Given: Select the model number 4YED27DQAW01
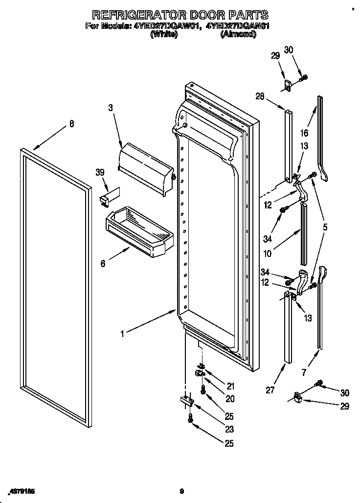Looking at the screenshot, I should pos(166,26).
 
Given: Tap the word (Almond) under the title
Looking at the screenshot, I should pos(238,34).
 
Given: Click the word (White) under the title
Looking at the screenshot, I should pos(164,34).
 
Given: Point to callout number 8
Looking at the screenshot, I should pos(72,124).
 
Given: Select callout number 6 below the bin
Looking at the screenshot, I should pos(103,264).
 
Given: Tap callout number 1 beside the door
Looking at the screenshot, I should pos(122,334).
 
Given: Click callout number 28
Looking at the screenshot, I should pos(259,97).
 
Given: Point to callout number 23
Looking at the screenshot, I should pos(229,430).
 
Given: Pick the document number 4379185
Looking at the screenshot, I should pos(22,491).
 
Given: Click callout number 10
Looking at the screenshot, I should pos(268,254).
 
